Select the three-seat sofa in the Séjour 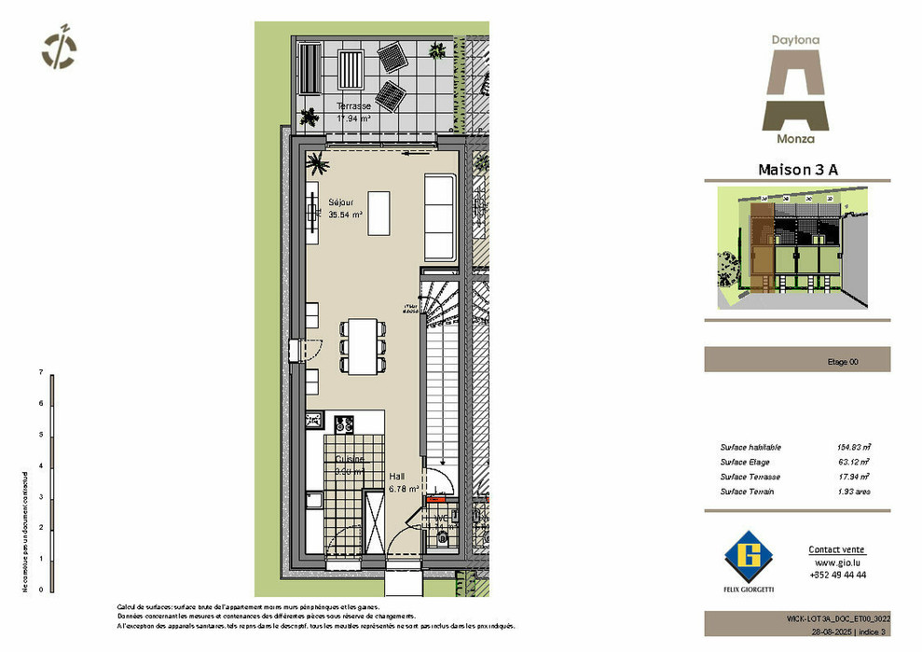point(440,216)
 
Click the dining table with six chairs point(364,346)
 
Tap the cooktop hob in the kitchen point(344,423)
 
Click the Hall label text point(397,476)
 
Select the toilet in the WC point(442,538)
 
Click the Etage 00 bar point(797,359)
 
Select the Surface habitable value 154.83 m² point(853,448)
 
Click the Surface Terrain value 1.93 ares point(853,492)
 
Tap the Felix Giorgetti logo point(750,559)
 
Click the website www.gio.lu point(836,562)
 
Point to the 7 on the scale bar point(41,372)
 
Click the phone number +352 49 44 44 point(837,576)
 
